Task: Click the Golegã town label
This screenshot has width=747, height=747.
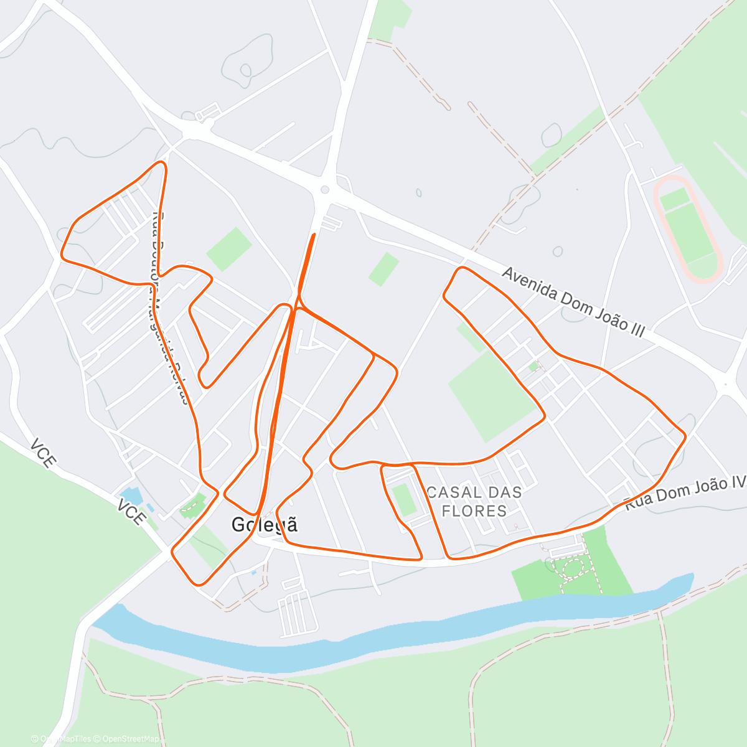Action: (x=265, y=525)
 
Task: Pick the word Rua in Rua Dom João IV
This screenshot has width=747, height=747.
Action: (x=637, y=500)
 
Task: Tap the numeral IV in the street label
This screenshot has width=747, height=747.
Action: (x=738, y=481)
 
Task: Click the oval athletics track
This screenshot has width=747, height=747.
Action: (x=687, y=228)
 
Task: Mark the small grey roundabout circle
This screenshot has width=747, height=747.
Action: (x=324, y=190)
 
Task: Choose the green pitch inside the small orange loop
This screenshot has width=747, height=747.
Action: (x=405, y=499)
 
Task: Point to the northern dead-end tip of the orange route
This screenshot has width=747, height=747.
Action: (x=313, y=235)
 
